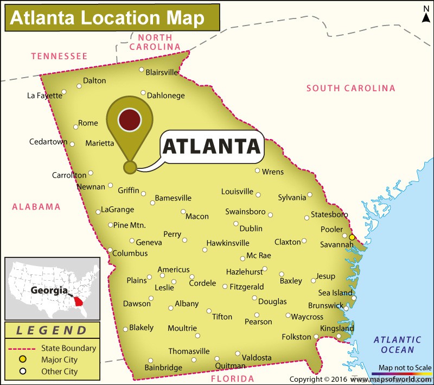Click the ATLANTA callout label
pyautogui.click(x=212, y=146)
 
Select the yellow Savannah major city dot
pyautogui.click(x=352, y=237)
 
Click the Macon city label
pyautogui.click(x=197, y=216)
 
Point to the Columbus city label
pyautogui.click(x=130, y=253)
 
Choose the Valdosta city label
pyautogui.click(x=257, y=357)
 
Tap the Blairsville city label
pyautogui.click(x=162, y=72)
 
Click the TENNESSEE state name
pyautogui.click(x=59, y=56)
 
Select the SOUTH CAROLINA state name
pyautogui.click(x=351, y=88)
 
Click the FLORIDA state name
pyautogui.click(x=232, y=378)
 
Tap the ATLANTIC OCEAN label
pyautogui.click(x=398, y=344)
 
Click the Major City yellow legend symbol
pyautogui.click(x=23, y=359)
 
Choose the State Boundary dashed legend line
pyautogui.click(x=22, y=348)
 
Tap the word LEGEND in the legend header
pyautogui.click(x=52, y=330)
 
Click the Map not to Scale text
pyautogui.click(x=405, y=368)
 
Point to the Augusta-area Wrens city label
pyautogui.click(x=272, y=172)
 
